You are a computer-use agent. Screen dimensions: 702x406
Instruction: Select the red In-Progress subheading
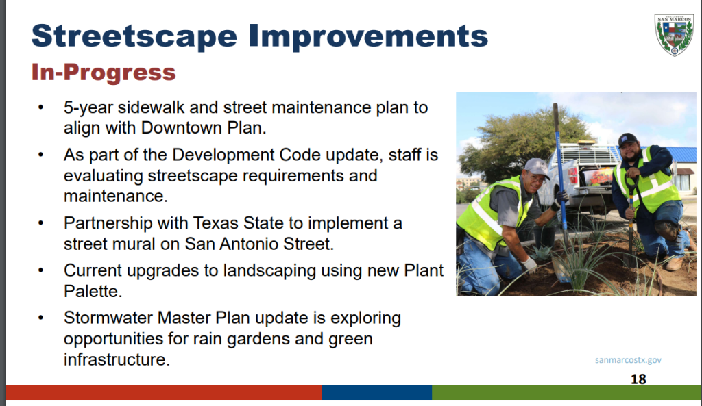(x=104, y=73)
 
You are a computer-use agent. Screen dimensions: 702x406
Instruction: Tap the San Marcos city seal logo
(x=675, y=34)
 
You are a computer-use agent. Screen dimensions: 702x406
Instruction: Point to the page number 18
(x=638, y=379)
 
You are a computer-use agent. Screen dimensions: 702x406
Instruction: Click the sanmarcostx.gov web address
(x=628, y=360)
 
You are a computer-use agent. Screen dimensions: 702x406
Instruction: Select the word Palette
(x=93, y=291)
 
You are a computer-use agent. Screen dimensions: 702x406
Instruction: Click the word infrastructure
(x=117, y=359)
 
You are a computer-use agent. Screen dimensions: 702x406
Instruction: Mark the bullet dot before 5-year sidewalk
(x=40, y=107)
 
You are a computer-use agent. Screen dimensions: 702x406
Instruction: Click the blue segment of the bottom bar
(x=376, y=392)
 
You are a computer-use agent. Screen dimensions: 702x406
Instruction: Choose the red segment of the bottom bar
(x=164, y=392)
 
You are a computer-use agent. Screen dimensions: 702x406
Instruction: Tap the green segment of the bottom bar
(x=567, y=392)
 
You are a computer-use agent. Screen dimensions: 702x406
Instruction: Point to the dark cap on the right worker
(x=627, y=139)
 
